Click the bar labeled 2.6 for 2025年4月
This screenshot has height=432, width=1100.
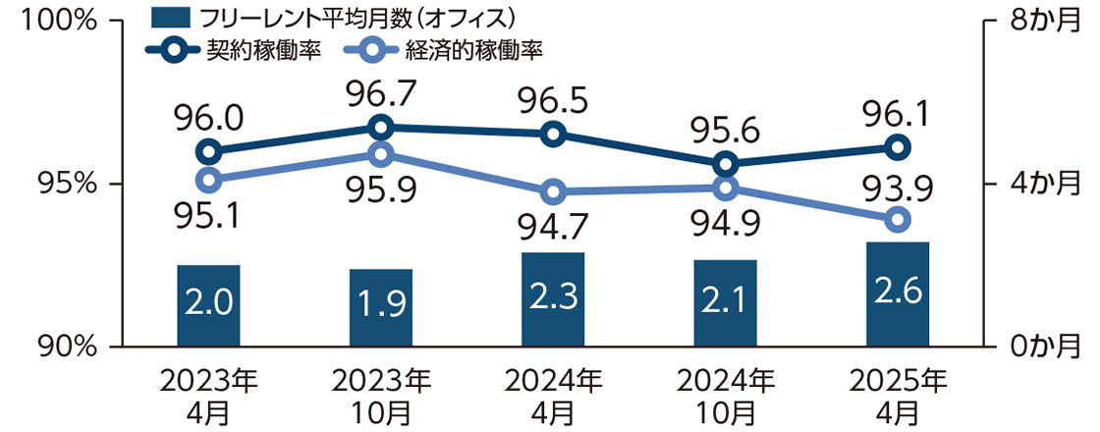[x=897, y=294]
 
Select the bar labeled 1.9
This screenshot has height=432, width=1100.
[x=381, y=306]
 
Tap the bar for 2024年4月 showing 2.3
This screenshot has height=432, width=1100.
[x=553, y=298]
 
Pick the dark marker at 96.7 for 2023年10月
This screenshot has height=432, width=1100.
[x=381, y=128]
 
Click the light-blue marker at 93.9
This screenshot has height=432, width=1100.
[x=897, y=219]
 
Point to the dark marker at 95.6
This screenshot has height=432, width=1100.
[x=726, y=164]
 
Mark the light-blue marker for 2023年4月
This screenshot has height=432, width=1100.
[x=208, y=180]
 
